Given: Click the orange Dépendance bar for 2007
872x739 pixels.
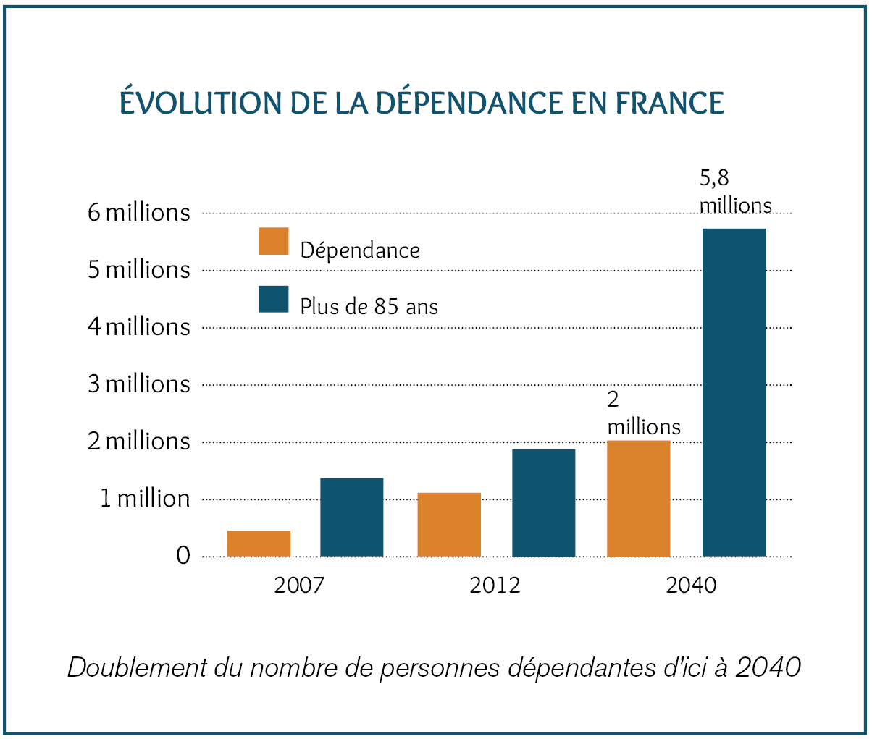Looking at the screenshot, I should [259, 544].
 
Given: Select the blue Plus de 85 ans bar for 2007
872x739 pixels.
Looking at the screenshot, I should [351, 517].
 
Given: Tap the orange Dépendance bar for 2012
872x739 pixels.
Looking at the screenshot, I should [449, 524].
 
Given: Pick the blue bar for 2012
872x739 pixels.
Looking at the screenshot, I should [543, 503].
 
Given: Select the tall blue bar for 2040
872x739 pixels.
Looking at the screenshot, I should [734, 392].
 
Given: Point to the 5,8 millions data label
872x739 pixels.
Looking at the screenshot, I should [734, 192].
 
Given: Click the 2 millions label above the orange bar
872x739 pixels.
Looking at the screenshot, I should [643, 413].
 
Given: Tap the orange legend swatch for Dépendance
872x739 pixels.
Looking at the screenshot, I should [274, 242].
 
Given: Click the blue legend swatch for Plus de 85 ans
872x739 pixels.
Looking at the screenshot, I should [274, 299].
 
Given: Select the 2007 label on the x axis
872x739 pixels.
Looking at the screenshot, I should [298, 585].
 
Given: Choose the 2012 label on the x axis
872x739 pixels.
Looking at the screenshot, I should [495, 585].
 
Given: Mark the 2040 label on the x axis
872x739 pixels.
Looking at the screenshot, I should [691, 585].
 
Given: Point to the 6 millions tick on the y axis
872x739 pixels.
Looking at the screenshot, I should [138, 213].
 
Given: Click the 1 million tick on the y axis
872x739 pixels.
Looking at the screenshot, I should [144, 499].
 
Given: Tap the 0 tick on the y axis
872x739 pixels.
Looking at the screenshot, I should [183, 556].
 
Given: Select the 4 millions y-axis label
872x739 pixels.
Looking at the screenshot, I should [138, 327].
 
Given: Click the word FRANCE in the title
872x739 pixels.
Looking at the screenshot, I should [669, 103].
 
